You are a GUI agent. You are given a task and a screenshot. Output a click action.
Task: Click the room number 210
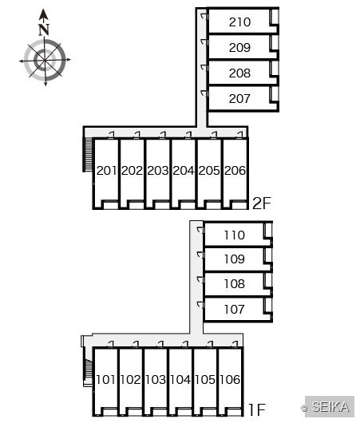239,22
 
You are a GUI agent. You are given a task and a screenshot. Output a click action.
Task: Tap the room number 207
239,98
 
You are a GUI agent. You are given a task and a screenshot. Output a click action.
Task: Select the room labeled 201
107,171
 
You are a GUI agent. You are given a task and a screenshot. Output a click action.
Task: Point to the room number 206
235,171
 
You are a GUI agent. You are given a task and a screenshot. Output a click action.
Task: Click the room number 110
234,235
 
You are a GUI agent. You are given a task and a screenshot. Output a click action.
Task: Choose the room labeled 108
234,284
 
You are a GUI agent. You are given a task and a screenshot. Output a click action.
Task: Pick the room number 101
105,380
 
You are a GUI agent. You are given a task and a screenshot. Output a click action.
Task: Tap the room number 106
230,380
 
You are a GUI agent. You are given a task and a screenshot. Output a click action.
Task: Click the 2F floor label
262,204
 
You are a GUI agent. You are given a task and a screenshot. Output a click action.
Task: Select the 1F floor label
257,409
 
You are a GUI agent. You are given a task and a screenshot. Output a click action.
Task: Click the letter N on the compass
44,30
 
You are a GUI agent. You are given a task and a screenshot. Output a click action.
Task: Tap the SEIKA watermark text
330,406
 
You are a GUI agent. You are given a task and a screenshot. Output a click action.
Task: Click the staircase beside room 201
88,155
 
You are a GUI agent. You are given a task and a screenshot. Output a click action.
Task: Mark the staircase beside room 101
88,370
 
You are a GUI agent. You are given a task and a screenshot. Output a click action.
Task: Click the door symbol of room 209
204,42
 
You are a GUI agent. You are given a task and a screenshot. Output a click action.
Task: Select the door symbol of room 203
163,135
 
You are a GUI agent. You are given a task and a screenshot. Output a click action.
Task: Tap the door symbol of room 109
200,255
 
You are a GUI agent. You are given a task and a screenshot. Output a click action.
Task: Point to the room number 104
180,380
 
